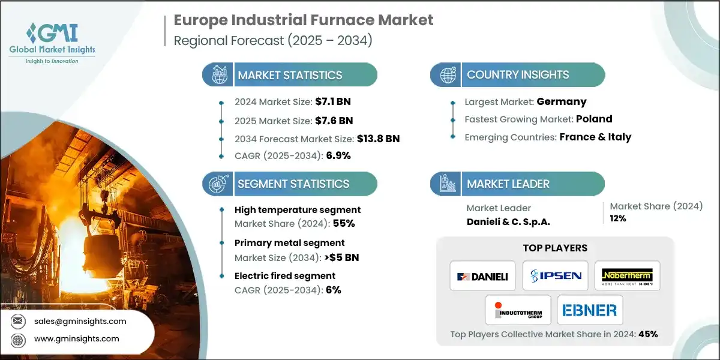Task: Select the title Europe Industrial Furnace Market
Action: [x=303, y=20]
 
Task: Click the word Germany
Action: [x=562, y=101]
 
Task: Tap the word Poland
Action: [x=594, y=119]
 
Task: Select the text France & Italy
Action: [x=595, y=137]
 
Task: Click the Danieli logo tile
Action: [x=482, y=276]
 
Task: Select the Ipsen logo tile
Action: [x=555, y=276]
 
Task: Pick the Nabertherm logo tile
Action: [x=627, y=276]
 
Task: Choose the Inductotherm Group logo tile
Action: [x=518, y=310]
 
